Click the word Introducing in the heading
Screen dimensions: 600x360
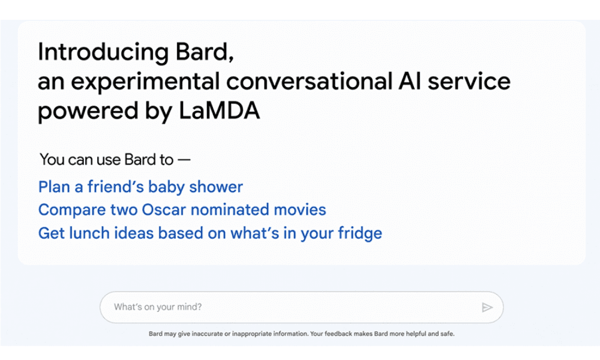[x=103, y=53]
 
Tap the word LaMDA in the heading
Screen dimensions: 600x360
[x=219, y=111]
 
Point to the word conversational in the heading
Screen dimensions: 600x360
[x=310, y=81]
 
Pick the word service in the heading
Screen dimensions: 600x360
[x=469, y=81]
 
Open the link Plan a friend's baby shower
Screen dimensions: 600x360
[x=140, y=187]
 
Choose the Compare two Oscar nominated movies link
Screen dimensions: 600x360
[x=182, y=210]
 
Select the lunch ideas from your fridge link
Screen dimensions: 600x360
[x=210, y=233]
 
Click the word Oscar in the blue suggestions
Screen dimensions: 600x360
[x=164, y=210]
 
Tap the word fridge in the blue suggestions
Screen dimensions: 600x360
[x=360, y=233]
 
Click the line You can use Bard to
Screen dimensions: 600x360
[x=115, y=160]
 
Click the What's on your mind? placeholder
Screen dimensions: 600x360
[x=158, y=307]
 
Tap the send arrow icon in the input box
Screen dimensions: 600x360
[x=487, y=307]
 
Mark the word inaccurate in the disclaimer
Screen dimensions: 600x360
[x=208, y=334]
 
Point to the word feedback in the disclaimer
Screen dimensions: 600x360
[x=338, y=334]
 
